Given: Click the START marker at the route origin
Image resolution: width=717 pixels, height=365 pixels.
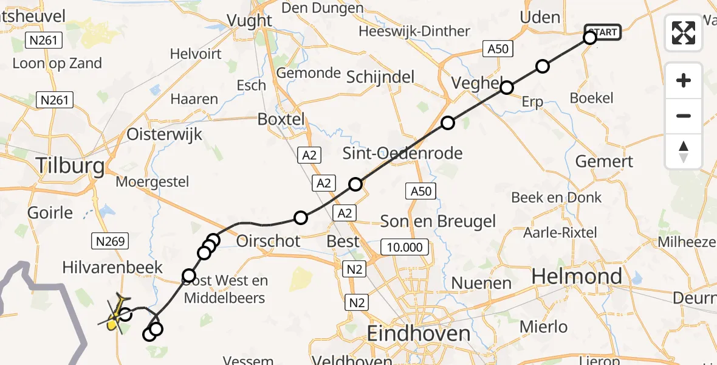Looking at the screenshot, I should (x=602, y=32).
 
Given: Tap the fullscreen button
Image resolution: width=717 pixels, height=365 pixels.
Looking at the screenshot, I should (x=684, y=33).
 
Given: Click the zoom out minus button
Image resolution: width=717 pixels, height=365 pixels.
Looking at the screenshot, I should (x=684, y=116).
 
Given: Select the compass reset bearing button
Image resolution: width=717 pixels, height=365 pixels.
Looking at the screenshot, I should (x=684, y=151).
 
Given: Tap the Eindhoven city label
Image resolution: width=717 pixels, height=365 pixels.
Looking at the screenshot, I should (x=419, y=333).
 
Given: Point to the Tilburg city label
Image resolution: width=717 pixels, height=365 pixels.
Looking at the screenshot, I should (x=70, y=165).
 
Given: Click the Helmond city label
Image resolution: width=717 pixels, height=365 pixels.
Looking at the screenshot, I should (x=577, y=277).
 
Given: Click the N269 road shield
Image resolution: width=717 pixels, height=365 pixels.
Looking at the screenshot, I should (x=111, y=242).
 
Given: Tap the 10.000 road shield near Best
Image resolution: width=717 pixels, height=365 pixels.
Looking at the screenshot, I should (x=405, y=247).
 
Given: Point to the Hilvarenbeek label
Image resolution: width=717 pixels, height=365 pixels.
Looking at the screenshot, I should (x=113, y=268).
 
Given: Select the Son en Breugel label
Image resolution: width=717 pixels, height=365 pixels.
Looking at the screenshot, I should (x=437, y=221).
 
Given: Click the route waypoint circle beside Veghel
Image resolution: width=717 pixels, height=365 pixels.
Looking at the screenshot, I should (x=506, y=88).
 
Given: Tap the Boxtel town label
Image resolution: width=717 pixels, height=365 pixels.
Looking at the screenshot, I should (x=281, y=119).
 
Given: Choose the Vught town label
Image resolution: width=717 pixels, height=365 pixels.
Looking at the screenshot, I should (x=249, y=20).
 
